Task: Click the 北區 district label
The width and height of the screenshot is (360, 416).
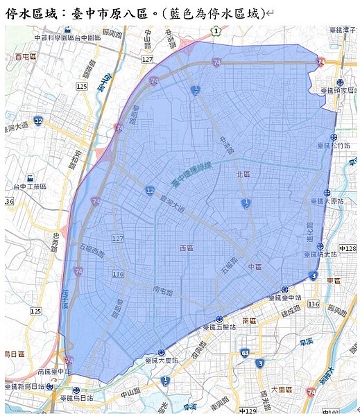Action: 242,174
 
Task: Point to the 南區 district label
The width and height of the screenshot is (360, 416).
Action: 250,322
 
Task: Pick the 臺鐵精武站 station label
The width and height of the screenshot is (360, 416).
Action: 320,254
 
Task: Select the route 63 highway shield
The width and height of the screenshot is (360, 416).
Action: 245,353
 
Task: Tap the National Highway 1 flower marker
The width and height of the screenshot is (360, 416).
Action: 216,31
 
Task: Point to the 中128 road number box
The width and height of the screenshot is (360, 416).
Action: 347,248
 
